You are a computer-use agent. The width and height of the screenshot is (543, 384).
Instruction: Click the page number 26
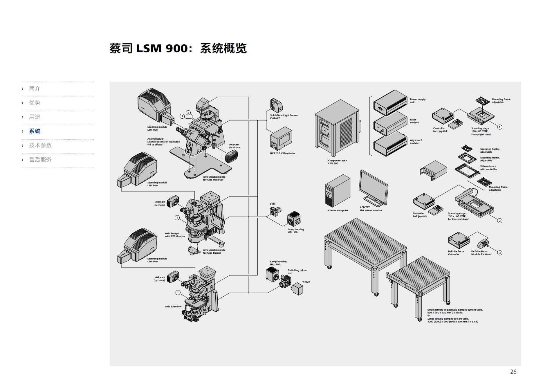tap(513, 372)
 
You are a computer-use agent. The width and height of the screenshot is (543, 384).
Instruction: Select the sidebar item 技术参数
tap(40, 145)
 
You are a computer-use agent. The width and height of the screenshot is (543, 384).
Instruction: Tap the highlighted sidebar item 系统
tap(35, 131)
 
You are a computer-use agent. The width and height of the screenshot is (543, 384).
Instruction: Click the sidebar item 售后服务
tap(40, 160)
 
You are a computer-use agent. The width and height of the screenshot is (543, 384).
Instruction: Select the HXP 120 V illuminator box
tap(281, 139)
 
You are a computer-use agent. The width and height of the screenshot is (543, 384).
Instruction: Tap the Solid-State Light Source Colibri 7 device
tap(276, 105)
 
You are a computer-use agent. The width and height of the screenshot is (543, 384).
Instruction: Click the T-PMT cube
tap(297, 289)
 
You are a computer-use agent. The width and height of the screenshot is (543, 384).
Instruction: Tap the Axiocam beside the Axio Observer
tap(231, 157)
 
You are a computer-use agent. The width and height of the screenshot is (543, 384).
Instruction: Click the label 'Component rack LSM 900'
tap(337, 162)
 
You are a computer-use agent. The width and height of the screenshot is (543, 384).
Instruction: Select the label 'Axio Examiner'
tap(173, 307)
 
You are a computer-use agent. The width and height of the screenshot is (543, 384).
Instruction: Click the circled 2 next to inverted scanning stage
tap(499, 221)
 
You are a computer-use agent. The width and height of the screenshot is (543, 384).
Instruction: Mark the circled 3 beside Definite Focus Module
tap(499, 253)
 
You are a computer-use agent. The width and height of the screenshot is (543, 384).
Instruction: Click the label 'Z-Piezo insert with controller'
tap(488, 168)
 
